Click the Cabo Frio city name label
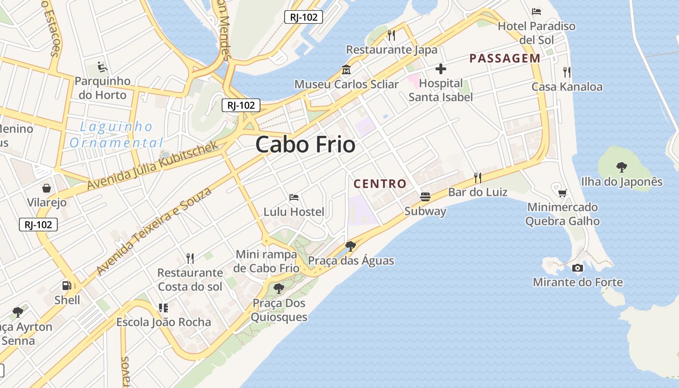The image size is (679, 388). point(305,145)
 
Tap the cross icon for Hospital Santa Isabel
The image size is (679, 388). point(440,69)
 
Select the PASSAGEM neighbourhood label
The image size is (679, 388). point(504,59)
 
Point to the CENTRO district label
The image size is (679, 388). point(380,184)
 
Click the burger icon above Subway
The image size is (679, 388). point(425,196)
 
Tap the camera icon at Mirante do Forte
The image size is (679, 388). point(577,268)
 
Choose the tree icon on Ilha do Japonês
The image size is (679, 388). point(621,167)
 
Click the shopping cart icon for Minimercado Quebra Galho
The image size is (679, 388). point(563,194)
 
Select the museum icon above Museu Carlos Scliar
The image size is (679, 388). point(346,70)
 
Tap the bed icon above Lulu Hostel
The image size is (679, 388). point(294,197)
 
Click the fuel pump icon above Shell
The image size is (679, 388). point(67,286)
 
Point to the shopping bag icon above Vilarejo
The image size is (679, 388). point(47,188)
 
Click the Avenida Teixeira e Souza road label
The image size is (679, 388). point(154,231)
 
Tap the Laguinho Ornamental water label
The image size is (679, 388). point(116,135)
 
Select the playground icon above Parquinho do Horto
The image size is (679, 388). point(102,66)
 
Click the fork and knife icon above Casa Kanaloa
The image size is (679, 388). point(566,72)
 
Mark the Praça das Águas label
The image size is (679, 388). point(351,261)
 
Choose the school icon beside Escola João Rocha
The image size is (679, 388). point(163,307)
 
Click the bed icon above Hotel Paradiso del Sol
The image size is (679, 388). point(536,12)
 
